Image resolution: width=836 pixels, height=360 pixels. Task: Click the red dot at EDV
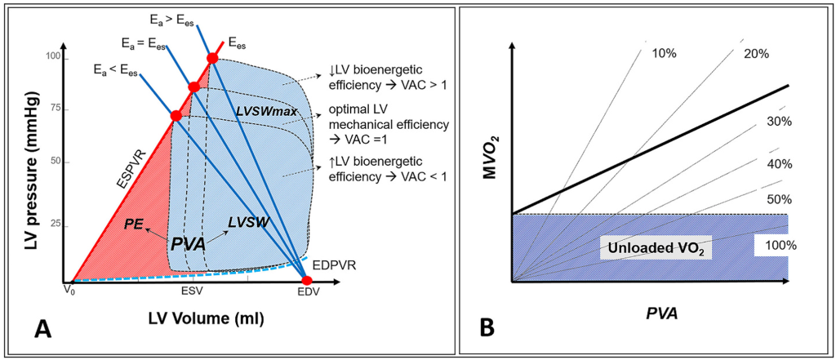click(307, 281)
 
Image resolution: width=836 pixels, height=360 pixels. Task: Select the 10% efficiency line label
click(665, 54)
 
